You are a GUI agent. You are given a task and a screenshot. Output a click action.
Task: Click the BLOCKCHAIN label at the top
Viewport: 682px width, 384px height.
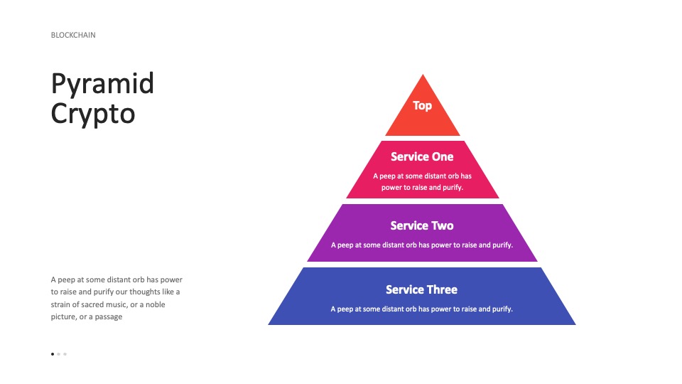[73, 35]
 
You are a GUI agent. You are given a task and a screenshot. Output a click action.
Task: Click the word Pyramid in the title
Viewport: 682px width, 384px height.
[102, 85]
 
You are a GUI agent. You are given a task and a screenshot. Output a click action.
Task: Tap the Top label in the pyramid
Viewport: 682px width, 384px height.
[422, 106]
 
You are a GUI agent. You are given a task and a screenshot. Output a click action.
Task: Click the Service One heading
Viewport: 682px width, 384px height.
[422, 156]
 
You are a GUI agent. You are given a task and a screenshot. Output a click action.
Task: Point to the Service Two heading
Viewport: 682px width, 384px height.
[422, 225]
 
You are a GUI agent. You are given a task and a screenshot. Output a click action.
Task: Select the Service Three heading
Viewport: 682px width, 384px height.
[421, 289]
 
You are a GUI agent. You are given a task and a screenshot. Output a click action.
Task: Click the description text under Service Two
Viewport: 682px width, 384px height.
[422, 245]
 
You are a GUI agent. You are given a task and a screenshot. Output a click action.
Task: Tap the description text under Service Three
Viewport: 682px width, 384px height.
[421, 309]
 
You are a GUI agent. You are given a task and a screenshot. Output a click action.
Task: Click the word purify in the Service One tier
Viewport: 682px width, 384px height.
[453, 188]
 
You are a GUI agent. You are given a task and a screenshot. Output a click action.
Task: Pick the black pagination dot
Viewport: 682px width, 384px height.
[53, 354]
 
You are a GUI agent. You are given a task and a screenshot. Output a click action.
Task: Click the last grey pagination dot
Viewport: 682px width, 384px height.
[65, 354]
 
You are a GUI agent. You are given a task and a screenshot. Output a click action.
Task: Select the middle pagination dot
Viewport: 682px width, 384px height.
[59, 354]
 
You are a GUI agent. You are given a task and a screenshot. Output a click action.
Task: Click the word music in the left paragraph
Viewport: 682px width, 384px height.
[117, 304]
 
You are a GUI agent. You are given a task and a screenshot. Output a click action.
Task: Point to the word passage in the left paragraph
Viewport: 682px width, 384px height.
[108, 317]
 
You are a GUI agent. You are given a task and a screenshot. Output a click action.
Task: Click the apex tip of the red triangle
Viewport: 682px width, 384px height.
[423, 75]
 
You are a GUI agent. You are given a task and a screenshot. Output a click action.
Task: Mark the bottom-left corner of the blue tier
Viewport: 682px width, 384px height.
[269, 325]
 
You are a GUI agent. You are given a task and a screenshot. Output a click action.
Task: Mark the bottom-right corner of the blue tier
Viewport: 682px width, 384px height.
[576, 325]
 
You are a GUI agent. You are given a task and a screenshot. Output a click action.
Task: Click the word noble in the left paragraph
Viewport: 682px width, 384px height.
[156, 304]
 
